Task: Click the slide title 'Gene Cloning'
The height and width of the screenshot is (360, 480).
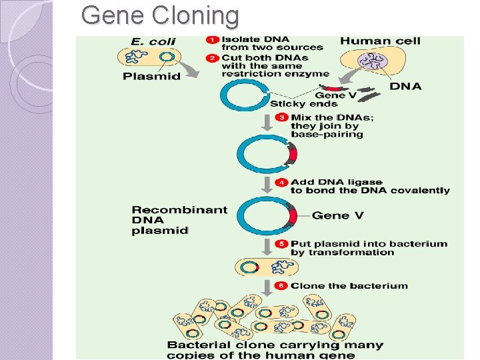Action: [159, 15]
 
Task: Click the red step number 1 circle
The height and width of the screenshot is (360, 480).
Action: [212, 39]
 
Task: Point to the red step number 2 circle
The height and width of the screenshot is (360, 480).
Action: [212, 58]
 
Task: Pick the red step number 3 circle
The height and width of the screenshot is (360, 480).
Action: [283, 117]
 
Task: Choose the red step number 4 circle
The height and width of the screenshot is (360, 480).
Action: [283, 182]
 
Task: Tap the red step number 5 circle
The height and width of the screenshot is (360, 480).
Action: [283, 244]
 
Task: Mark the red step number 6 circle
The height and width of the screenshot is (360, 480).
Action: [283, 286]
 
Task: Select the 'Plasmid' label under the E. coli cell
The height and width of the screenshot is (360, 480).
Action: [151, 76]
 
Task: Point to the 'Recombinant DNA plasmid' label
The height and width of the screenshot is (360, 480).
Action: [170, 220]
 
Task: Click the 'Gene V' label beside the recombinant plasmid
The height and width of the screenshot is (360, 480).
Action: [339, 215]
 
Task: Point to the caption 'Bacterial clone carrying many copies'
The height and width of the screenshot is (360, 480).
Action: [275, 345]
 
